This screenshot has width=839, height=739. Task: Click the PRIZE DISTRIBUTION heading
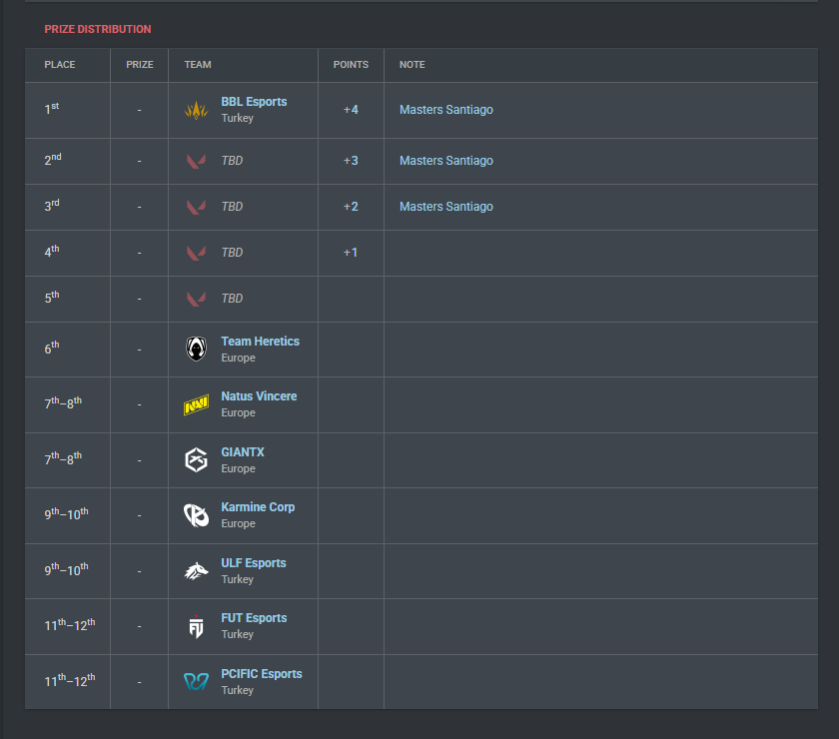pyautogui.click(x=98, y=29)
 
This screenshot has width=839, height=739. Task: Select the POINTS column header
pyautogui.click(x=351, y=65)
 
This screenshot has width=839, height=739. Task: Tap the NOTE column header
pyautogui.click(x=412, y=65)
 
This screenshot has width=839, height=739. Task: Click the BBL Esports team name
pyautogui.click(x=254, y=102)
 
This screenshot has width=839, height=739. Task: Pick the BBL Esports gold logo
pyautogui.click(x=196, y=110)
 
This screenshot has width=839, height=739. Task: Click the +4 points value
pyautogui.click(x=351, y=110)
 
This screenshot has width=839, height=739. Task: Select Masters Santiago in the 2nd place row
pyautogui.click(x=446, y=161)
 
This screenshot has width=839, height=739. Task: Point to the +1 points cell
pyautogui.click(x=351, y=253)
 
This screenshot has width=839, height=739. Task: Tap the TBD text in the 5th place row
pyautogui.click(x=232, y=299)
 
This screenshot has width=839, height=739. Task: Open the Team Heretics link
pyautogui.click(x=261, y=342)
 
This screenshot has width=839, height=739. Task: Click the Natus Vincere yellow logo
pyautogui.click(x=197, y=405)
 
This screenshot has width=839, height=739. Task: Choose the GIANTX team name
pyautogui.click(x=243, y=452)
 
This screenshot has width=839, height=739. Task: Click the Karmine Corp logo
pyautogui.click(x=197, y=515)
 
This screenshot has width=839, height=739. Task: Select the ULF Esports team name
pyautogui.click(x=254, y=563)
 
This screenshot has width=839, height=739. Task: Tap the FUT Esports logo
pyautogui.click(x=197, y=626)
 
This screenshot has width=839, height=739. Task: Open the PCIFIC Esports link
pyautogui.click(x=262, y=674)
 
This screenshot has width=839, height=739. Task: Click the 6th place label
pyautogui.click(x=52, y=349)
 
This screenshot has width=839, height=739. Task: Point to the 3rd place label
pyautogui.click(x=52, y=206)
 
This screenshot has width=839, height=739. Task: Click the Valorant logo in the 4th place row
pyautogui.click(x=196, y=253)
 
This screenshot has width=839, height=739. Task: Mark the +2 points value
pyautogui.click(x=351, y=207)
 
